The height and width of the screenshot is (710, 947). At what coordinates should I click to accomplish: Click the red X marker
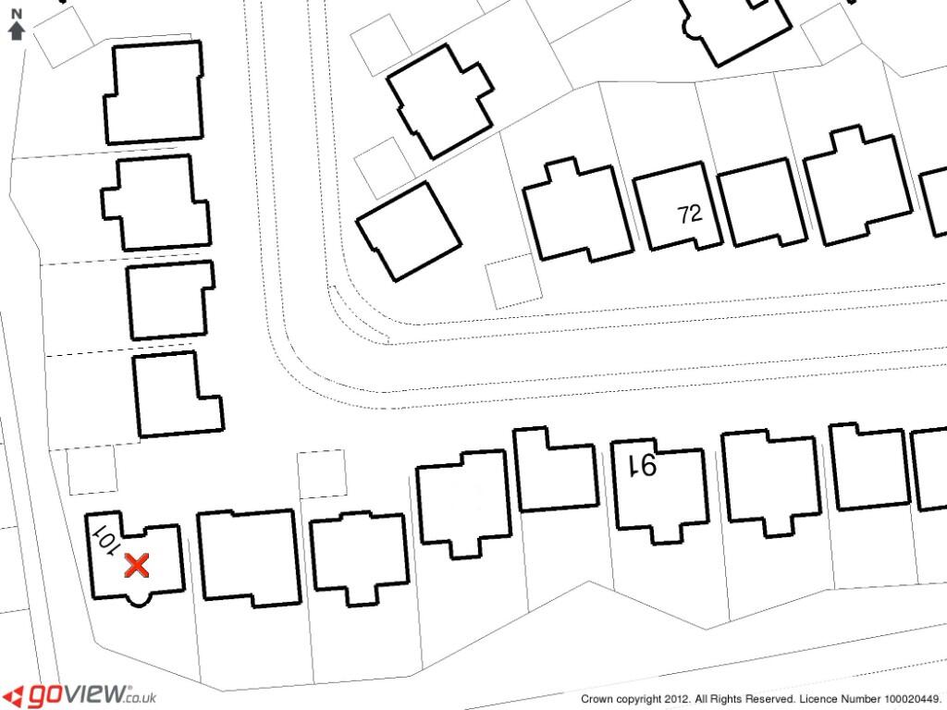click(x=137, y=565)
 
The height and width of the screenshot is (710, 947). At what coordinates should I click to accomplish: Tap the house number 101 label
click(x=104, y=539)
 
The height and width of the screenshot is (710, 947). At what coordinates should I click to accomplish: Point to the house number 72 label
click(x=689, y=214)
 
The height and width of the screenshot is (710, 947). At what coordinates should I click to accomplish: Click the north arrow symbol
click(x=15, y=31)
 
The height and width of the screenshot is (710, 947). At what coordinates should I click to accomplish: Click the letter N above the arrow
click(x=15, y=14)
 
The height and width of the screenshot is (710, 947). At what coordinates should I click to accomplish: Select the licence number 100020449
click(x=912, y=700)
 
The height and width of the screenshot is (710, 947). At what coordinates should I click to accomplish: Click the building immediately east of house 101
click(x=248, y=557)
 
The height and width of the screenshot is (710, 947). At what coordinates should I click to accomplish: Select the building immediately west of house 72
click(x=578, y=213)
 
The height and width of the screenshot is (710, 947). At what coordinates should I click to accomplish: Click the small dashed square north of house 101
click(x=92, y=471)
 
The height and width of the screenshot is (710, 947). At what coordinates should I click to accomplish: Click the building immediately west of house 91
click(x=555, y=469)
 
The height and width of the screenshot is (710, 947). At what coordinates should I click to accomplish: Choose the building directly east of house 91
click(x=769, y=481)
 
